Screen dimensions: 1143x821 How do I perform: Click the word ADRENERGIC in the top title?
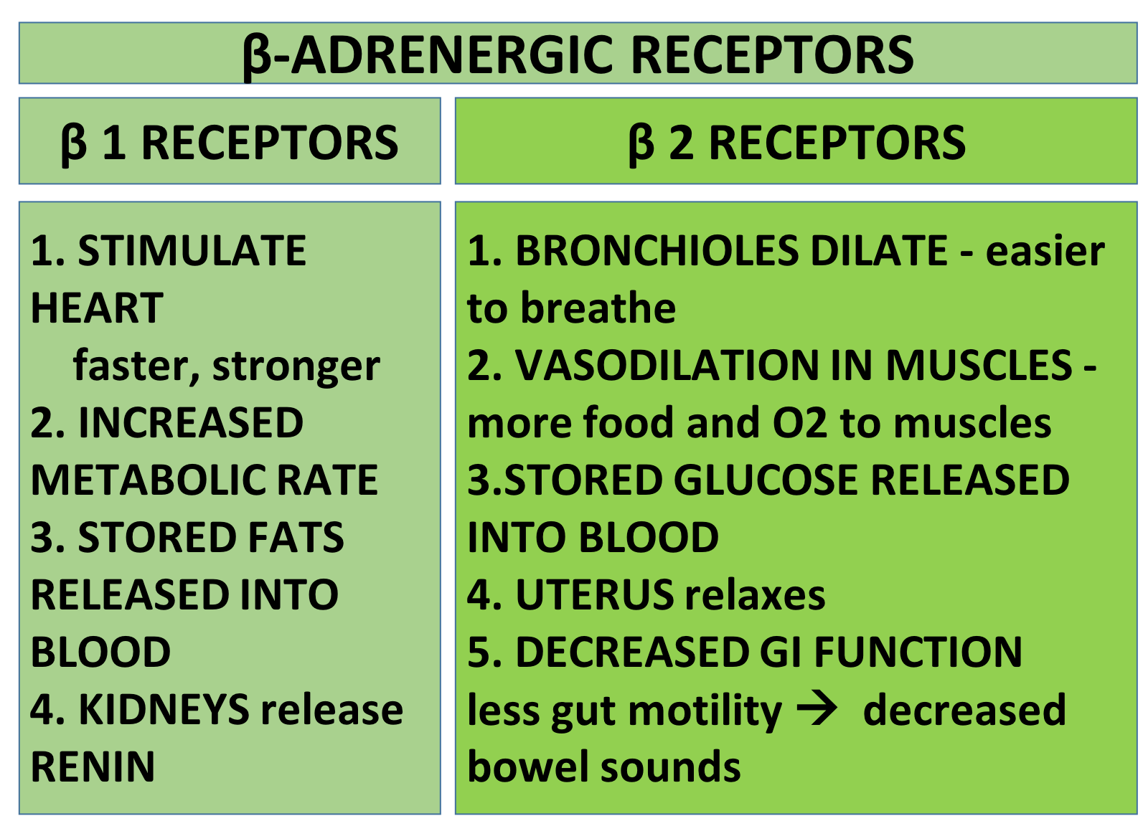(451, 54)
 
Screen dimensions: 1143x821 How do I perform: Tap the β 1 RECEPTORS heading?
(229, 143)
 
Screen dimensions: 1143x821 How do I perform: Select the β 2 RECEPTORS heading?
(797, 143)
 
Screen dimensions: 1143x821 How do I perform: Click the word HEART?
(97, 308)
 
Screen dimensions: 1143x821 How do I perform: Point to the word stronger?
(296, 367)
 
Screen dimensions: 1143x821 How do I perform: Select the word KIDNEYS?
(164, 710)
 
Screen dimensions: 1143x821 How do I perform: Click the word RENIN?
(93, 767)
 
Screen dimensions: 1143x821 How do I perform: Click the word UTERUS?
(595, 594)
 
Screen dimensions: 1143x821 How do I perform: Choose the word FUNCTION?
(918, 652)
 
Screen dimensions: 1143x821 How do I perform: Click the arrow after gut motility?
(817, 709)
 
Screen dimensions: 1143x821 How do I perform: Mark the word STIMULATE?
(192, 250)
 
